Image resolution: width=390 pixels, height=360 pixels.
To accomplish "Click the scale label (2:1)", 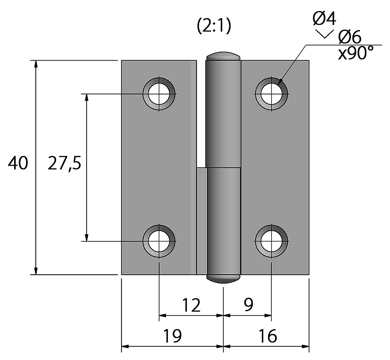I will [x=214, y=27].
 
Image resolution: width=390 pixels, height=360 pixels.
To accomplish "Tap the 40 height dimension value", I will [x=18, y=163].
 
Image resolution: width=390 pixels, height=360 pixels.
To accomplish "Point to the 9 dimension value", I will [x=248, y=304].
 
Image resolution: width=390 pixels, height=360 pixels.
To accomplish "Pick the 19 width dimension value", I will [x=173, y=336].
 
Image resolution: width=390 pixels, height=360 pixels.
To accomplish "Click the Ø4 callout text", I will [x=325, y=19].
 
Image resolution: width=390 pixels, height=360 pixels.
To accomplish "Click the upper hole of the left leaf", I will [x=159, y=94].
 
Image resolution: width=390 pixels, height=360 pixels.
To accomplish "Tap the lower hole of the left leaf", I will [x=159, y=241].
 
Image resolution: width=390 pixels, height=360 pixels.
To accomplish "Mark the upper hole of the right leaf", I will [x=271, y=94].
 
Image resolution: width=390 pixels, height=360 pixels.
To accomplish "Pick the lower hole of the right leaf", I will [x=271, y=241].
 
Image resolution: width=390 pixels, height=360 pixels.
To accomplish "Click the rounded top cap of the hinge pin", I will [x=223, y=56].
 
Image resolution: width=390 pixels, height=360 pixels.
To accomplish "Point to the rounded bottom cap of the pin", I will [x=223, y=278].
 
